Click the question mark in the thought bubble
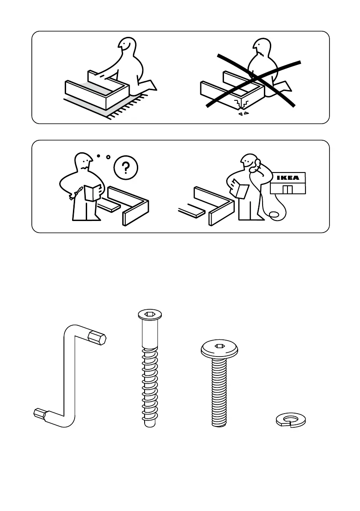(126, 168)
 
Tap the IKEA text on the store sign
(287, 178)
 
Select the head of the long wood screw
(150, 315)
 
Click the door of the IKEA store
(287, 189)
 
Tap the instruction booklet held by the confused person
(93, 192)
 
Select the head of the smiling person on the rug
(127, 46)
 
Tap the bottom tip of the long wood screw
(150, 425)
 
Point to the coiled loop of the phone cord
(274, 215)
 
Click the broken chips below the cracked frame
(243, 113)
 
